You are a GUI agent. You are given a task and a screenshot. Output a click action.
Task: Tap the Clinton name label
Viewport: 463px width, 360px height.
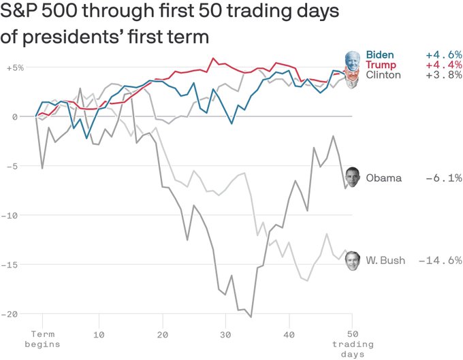[383, 75]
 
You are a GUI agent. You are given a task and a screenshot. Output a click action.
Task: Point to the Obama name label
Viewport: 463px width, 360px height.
[383, 178]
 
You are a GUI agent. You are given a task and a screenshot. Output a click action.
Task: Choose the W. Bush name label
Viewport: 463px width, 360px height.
[385, 261]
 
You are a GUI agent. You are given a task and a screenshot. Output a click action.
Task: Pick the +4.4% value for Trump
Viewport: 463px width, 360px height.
[443, 65]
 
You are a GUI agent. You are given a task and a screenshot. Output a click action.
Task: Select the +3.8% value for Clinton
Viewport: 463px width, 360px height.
[443, 75]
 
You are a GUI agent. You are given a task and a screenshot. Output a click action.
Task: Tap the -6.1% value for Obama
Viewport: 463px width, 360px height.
[443, 178]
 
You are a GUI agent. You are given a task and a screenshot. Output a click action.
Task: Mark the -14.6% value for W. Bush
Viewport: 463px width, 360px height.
[440, 261]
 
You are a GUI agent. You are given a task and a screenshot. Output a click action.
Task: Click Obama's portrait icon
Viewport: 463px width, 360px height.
[353, 177]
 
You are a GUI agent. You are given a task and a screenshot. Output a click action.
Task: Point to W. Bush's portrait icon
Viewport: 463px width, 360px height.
[353, 260]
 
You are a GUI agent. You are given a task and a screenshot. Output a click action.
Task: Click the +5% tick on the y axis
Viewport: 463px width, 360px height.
[15, 68]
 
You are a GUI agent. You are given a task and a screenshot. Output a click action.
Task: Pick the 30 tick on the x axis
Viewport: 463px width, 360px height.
[225, 335]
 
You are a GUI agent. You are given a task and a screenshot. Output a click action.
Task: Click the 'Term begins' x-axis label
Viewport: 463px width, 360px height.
[42, 340]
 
